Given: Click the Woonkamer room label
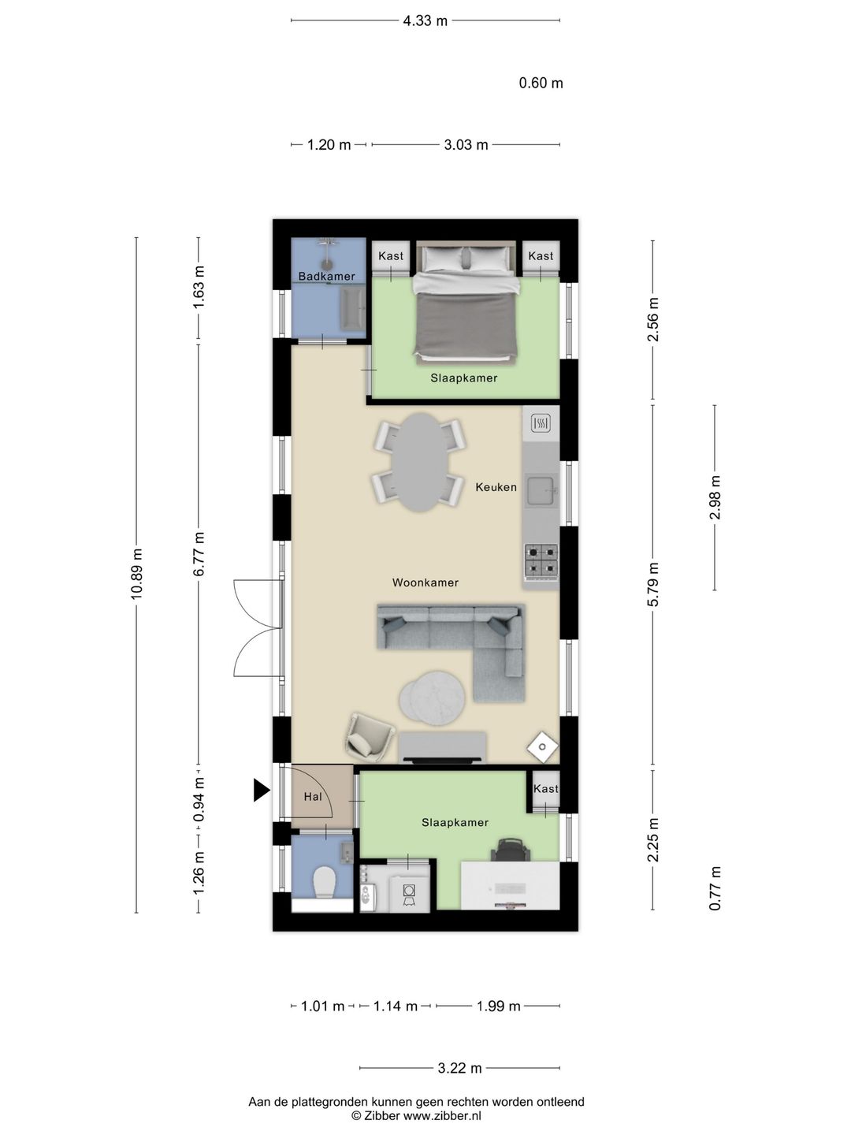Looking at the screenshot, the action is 425,582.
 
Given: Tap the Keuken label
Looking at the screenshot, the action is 496,487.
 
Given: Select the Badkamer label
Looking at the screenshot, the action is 327,276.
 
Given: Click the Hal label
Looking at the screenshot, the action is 313,797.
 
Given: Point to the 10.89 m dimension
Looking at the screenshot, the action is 136,575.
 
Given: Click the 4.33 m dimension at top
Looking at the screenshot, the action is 425,21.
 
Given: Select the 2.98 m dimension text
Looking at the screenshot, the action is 715,497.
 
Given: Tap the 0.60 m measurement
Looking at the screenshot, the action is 541,83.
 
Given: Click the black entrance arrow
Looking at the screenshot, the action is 261,790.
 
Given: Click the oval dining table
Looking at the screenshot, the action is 419,462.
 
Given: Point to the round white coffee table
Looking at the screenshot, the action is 433,698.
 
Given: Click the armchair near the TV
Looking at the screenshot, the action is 368,739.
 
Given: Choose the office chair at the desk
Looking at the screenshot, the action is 510,850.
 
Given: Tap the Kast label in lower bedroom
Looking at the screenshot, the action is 545,788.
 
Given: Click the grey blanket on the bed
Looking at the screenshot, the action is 466,322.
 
